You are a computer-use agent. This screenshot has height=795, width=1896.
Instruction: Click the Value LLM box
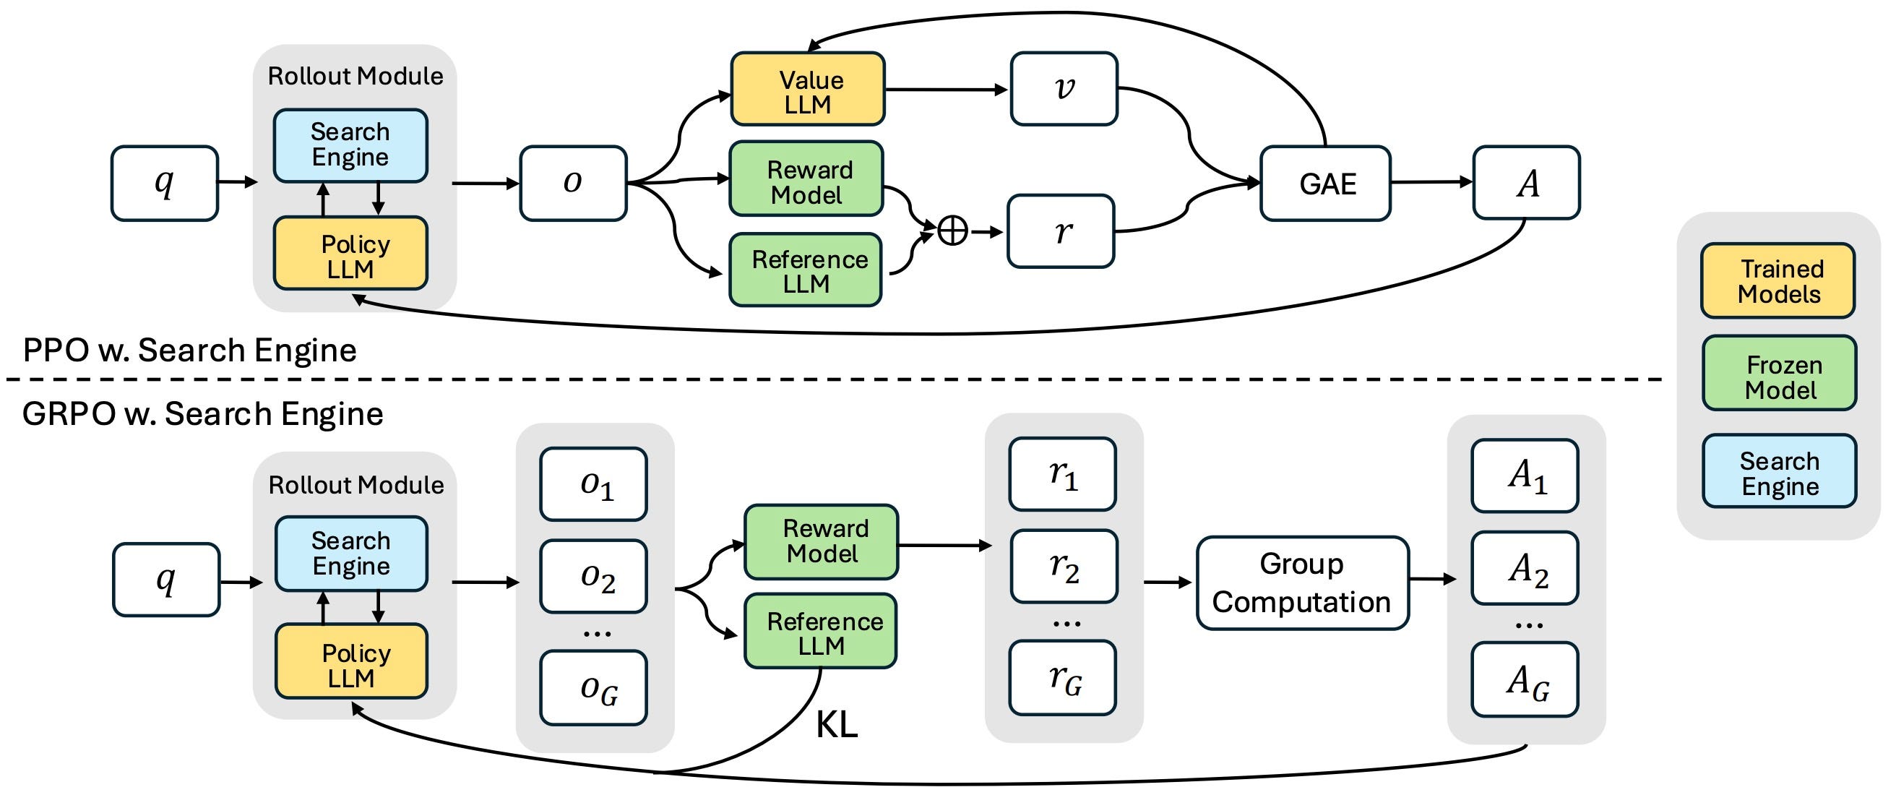coord(807,89)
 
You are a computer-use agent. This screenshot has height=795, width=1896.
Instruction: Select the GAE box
coord(1326,184)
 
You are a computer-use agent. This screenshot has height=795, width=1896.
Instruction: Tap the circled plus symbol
coord(952,231)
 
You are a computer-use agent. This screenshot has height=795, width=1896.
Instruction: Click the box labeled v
coord(1064,88)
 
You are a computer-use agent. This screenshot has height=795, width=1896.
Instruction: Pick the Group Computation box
coord(1302,583)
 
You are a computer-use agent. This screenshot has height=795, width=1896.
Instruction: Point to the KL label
coord(837,725)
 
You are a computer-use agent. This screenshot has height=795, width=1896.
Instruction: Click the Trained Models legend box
coord(1778,280)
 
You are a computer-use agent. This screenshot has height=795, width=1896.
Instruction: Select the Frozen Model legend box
coord(1780,373)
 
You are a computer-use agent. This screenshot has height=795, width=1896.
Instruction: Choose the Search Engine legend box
coord(1780,471)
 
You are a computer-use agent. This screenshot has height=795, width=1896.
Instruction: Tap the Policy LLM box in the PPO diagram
coord(350,252)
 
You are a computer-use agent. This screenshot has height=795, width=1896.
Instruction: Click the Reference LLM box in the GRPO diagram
coord(821,631)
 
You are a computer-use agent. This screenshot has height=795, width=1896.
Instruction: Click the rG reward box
coord(1063,678)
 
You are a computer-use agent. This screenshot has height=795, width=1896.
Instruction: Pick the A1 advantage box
coord(1525,476)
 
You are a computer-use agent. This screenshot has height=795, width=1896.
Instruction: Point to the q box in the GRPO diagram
coord(166,580)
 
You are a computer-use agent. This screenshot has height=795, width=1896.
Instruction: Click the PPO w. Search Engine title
coord(190,350)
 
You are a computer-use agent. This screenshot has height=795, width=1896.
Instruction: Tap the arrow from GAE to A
coord(1431,182)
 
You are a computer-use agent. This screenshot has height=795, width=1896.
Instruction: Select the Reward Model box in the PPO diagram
coord(806,179)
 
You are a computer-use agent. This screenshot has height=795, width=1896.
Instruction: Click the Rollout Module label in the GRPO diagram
coord(356,485)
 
